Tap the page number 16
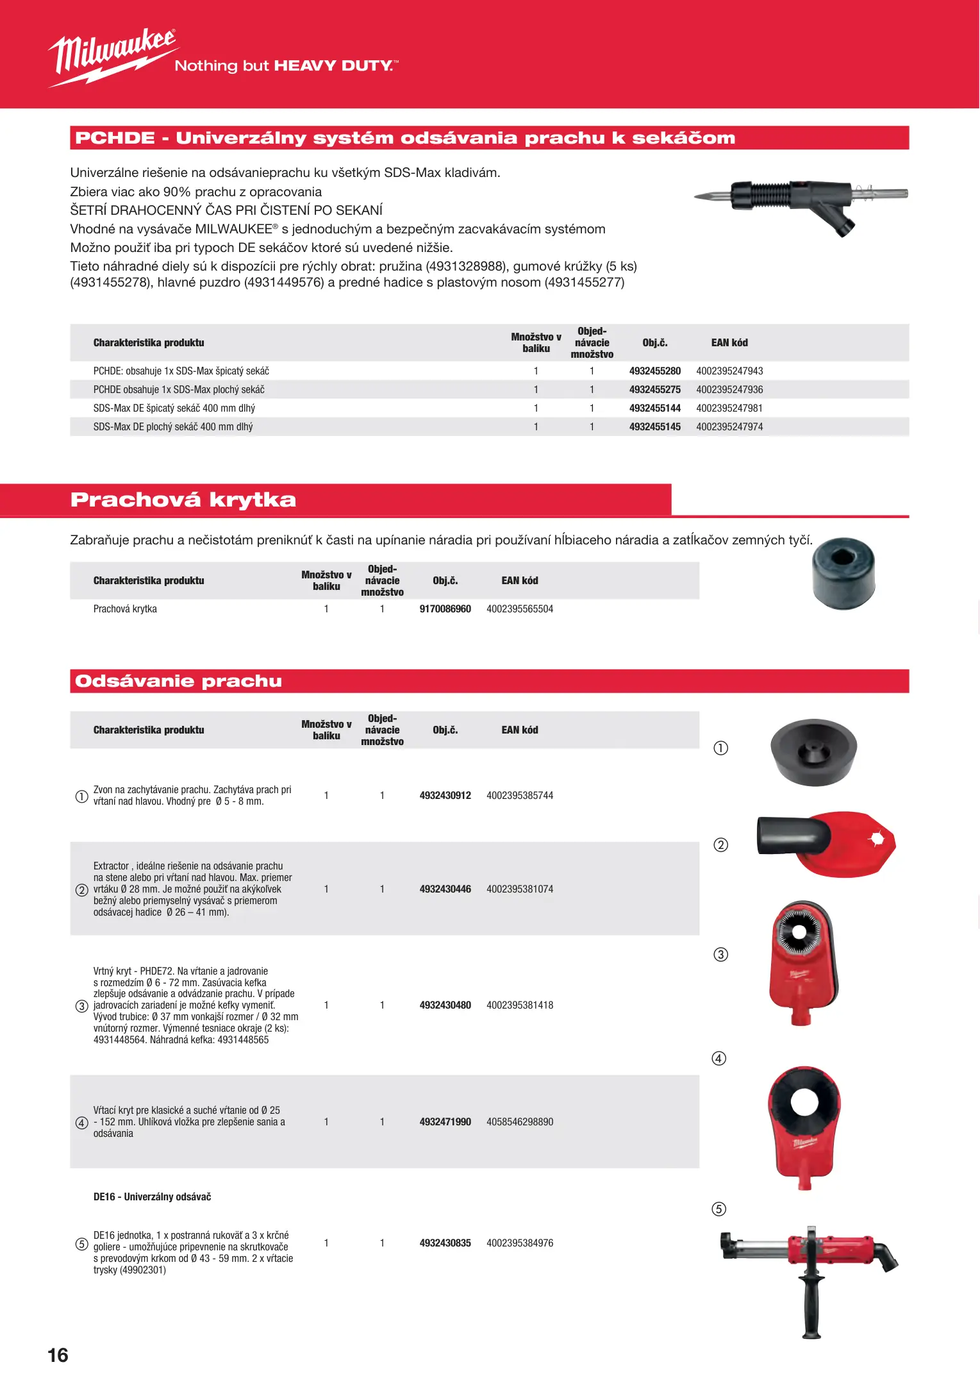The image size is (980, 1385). pyautogui.click(x=58, y=1355)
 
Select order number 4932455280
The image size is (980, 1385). pyautogui.click(x=654, y=371)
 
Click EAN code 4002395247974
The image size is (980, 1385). pyautogui.click(x=729, y=427)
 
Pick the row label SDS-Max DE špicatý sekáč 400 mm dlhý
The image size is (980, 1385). pyautogui.click(x=174, y=408)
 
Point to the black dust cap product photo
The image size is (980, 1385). pyautogui.click(x=843, y=573)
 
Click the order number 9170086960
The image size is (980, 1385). pyautogui.click(x=445, y=609)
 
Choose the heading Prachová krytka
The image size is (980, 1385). pyautogui.click(x=183, y=500)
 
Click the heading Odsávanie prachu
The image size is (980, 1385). pyautogui.click(x=178, y=681)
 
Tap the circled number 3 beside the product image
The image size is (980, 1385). pyautogui.click(x=720, y=955)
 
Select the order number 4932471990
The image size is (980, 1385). pyautogui.click(x=445, y=1122)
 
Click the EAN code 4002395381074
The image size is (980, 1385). pyautogui.click(x=519, y=889)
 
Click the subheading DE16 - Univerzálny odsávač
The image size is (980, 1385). pyautogui.click(x=152, y=1197)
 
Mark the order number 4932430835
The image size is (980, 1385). pyautogui.click(x=445, y=1243)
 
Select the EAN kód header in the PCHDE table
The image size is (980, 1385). pyautogui.click(x=729, y=343)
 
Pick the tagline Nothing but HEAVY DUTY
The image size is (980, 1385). pyautogui.click(x=286, y=66)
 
